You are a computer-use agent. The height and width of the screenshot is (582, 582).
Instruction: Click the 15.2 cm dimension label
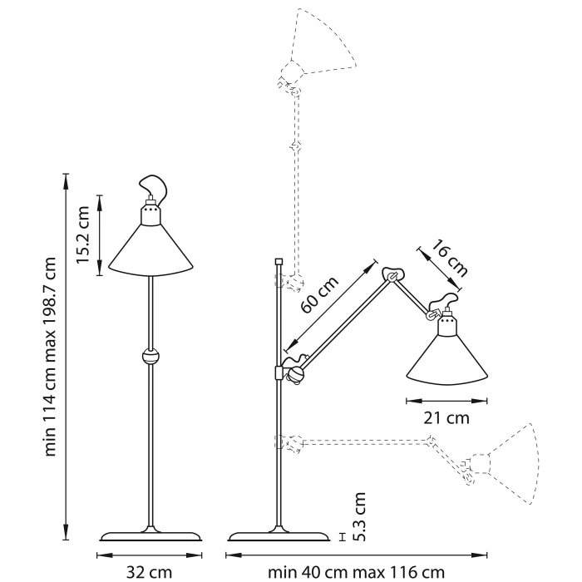pos(82,235)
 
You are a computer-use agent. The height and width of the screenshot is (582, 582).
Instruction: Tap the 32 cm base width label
pos(150,571)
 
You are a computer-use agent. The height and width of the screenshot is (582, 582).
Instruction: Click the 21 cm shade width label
pos(446,417)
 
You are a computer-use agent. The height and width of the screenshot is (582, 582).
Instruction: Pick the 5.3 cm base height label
pos(358,516)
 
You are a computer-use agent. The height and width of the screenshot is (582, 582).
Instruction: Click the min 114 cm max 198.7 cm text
pos(52,356)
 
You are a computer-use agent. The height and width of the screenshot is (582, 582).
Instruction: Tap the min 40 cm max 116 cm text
pos(357,571)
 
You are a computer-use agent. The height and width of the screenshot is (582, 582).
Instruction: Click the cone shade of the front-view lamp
pos(150,249)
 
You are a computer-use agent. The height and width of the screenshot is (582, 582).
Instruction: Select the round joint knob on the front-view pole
pos(150,358)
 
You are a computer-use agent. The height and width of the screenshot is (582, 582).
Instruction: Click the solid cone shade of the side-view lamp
pos(446,358)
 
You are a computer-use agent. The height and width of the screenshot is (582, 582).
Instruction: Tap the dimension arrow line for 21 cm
pos(446,400)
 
